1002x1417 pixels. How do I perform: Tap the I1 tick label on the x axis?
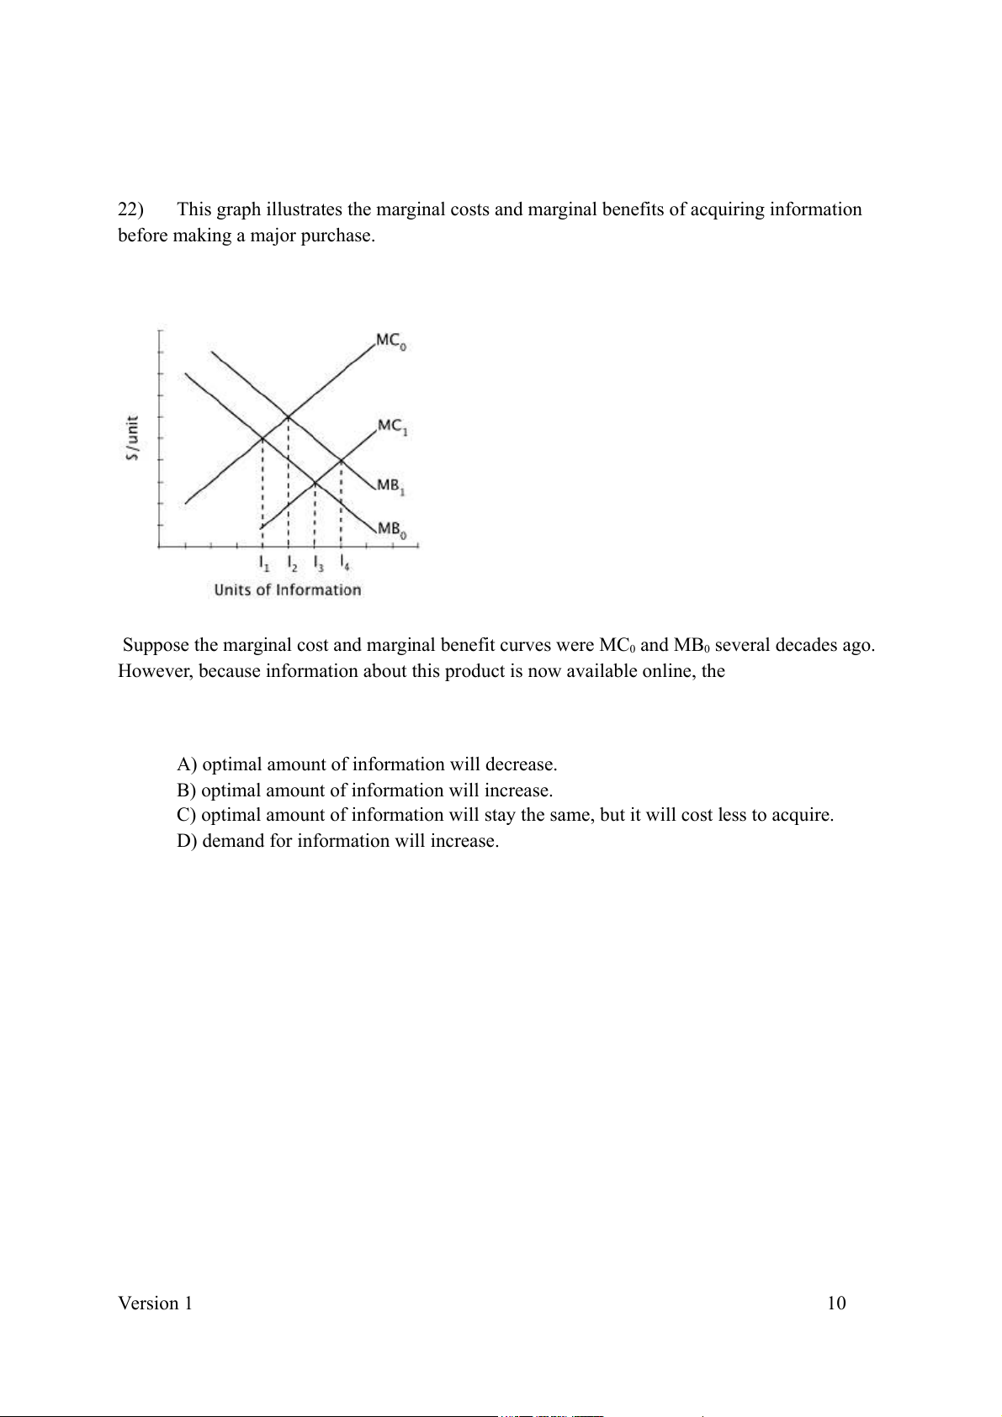(x=264, y=563)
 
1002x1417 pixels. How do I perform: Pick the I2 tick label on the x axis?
(x=290, y=563)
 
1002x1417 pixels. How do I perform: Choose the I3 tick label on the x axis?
(x=316, y=563)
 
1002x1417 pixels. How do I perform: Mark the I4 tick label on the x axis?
(x=342, y=563)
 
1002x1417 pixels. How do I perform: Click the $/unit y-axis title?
(x=132, y=438)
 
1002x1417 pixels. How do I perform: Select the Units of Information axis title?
(x=287, y=590)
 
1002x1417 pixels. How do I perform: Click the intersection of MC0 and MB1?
(x=289, y=416)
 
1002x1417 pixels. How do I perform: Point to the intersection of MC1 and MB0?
(x=315, y=483)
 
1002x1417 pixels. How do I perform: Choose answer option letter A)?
(x=187, y=764)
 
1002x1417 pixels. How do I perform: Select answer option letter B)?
(x=187, y=790)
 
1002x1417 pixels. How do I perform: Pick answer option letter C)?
(x=187, y=815)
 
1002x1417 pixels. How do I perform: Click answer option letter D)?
(x=187, y=841)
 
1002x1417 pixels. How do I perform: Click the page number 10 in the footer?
(x=836, y=1303)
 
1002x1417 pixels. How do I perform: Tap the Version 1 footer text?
(x=155, y=1303)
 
